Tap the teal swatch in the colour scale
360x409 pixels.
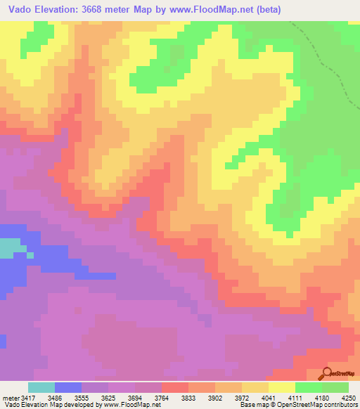[41, 388]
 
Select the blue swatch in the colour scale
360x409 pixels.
[68, 388]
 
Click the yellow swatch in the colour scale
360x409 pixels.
[282, 388]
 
